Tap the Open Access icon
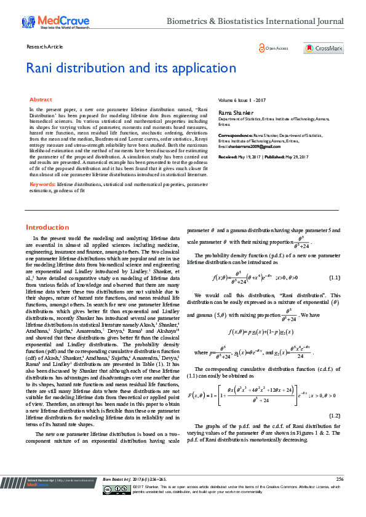pyautogui.click(x=273, y=49)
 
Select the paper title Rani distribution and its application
pyautogui.click(x=131, y=68)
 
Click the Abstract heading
pyautogui.click(x=41, y=99)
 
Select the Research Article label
pyautogui.click(x=44, y=47)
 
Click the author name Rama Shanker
pyautogui.click(x=236, y=112)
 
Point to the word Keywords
pyautogui.click(x=42, y=184)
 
